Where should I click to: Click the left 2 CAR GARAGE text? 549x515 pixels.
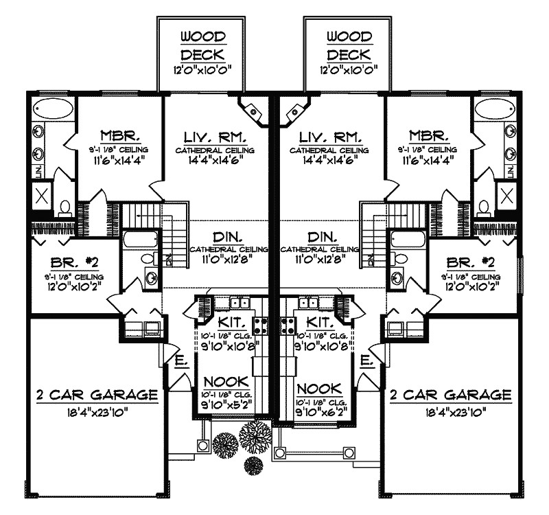(95, 395)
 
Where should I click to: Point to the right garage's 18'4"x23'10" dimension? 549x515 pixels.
(450, 412)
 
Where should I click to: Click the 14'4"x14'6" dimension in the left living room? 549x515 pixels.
(214, 161)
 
